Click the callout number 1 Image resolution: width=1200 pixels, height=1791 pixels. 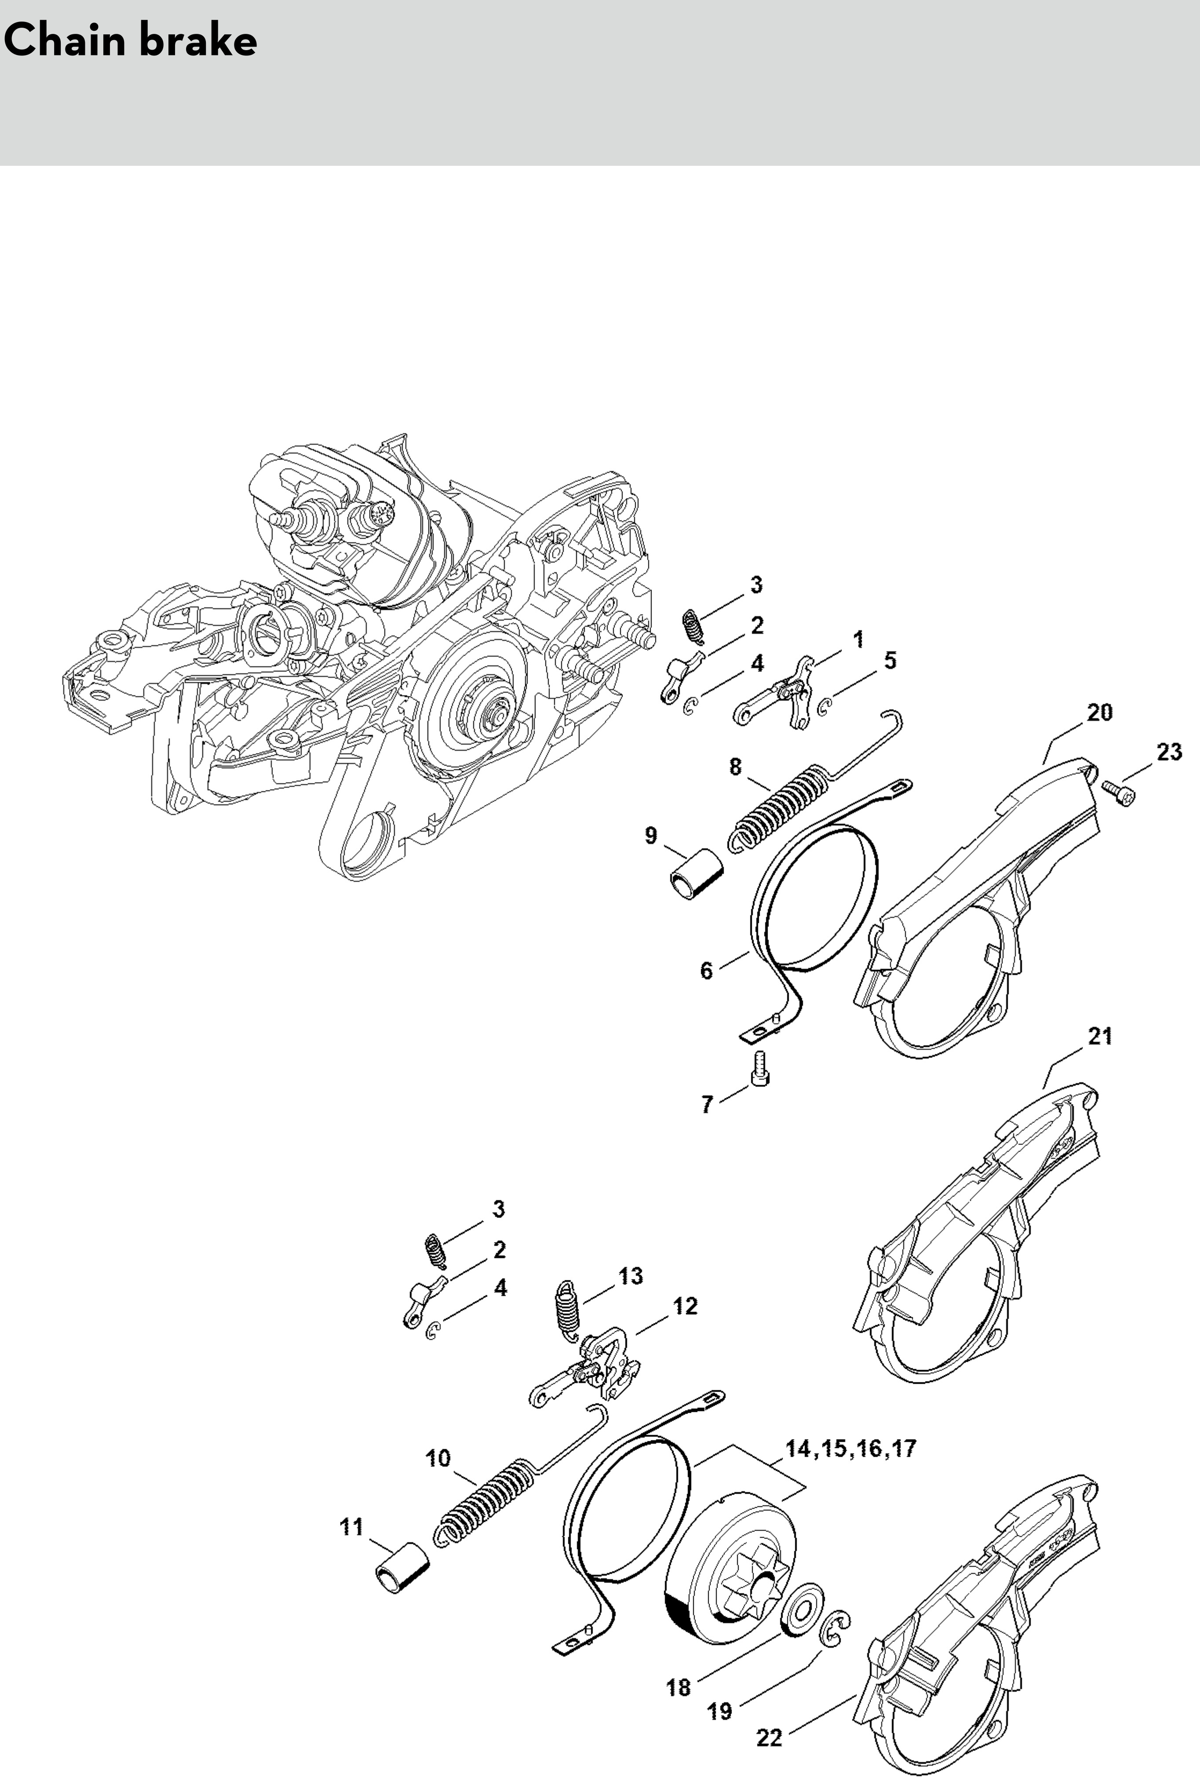858,639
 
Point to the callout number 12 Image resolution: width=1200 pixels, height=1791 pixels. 685,1306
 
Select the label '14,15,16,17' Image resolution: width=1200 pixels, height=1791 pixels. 850,1448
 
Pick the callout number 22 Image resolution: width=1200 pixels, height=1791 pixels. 769,1716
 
